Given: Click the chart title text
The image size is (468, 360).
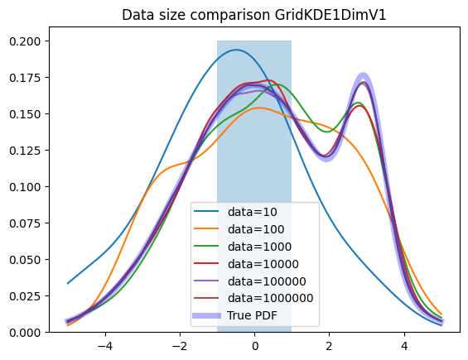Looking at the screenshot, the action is [x=254, y=15].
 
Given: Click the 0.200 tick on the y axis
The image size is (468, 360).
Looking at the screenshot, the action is [x=25, y=41].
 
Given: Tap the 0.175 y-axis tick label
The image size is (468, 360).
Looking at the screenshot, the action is [x=25, y=78].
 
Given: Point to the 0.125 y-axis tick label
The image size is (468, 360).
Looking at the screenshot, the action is [x=25, y=151].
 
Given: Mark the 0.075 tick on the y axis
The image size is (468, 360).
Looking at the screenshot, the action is [x=25, y=223].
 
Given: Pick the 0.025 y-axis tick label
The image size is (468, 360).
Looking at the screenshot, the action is [x=25, y=296].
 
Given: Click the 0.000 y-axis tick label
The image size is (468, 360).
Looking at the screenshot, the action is [x=25, y=332].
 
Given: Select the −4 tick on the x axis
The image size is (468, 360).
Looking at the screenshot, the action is [x=105, y=346].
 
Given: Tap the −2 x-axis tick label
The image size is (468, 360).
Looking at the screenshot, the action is [x=180, y=346].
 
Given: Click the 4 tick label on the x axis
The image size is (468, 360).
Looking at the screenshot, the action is [x=404, y=346].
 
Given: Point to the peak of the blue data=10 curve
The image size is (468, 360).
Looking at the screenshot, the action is [x=236, y=50].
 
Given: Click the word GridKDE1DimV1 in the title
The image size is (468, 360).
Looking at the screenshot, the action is [x=330, y=15].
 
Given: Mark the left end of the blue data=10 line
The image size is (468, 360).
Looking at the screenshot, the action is [x=68, y=283].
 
